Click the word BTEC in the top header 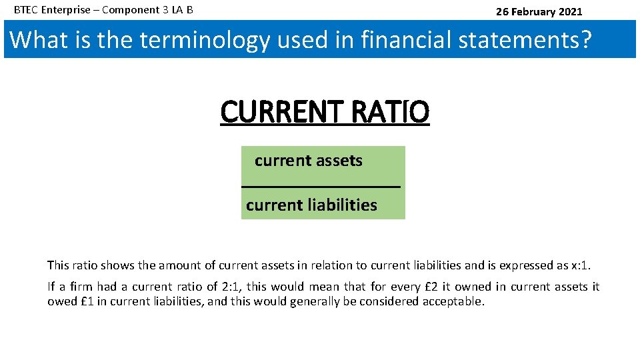(26, 11)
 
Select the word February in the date (533, 11)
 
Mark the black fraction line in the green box (321, 187)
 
